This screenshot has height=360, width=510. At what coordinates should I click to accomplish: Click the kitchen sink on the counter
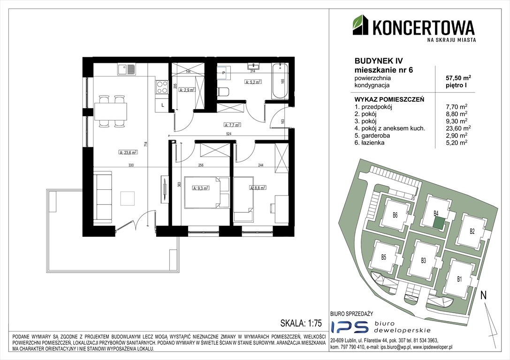click(x=127, y=69)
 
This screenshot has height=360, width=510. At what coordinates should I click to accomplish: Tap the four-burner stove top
click(x=162, y=87)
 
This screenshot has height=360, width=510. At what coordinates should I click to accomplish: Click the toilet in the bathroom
click(x=223, y=91)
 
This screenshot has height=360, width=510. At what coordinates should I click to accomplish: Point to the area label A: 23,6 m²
click(x=128, y=152)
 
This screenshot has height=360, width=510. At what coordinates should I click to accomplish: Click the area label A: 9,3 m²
click(x=201, y=188)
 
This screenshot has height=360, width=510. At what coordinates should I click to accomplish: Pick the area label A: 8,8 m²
click(x=258, y=188)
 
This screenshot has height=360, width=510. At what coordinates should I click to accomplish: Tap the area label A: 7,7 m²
click(x=232, y=124)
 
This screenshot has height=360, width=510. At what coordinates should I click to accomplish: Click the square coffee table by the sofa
click(x=128, y=198)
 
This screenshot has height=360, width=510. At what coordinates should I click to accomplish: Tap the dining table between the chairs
click(x=111, y=111)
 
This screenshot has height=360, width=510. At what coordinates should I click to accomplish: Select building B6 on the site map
click(x=395, y=216)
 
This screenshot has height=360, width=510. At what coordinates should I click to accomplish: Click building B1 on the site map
click(x=459, y=279)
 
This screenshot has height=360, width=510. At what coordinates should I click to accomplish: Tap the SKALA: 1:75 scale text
click(x=301, y=323)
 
